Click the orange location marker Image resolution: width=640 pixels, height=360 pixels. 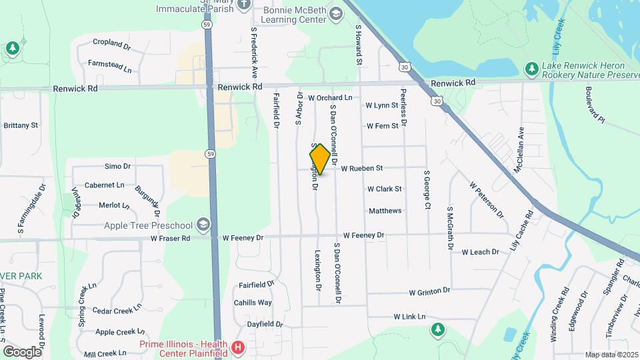(x=320, y=159)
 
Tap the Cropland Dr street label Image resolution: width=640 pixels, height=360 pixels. (x=112, y=43)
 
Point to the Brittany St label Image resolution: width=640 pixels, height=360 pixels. (x=21, y=125)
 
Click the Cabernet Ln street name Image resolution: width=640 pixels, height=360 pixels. (x=105, y=185)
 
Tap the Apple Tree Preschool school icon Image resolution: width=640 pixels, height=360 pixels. (x=203, y=225)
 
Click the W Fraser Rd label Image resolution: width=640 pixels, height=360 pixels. (x=171, y=237)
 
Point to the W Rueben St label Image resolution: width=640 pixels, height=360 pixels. (x=361, y=169)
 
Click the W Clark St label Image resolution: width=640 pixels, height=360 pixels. (x=385, y=189)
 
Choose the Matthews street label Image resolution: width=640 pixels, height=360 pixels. (x=385, y=211)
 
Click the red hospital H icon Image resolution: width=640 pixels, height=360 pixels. (x=238, y=347)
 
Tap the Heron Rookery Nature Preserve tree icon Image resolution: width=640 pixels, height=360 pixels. (x=531, y=68)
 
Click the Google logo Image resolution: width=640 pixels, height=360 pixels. (x=22, y=351)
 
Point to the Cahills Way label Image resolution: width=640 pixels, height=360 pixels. (x=253, y=303)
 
